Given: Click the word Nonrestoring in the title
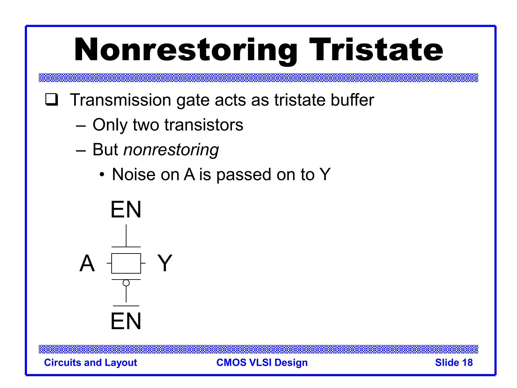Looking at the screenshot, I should (186, 50).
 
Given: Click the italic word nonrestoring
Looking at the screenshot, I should (171, 150).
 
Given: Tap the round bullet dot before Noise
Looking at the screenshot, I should (102, 174).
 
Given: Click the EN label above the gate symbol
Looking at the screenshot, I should (126, 210).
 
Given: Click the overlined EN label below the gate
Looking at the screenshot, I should (126, 321).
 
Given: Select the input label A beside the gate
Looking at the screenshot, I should (87, 263).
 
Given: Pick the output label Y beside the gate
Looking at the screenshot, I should (165, 263).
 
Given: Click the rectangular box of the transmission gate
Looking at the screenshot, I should (126, 263).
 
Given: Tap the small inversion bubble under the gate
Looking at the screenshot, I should (126, 283).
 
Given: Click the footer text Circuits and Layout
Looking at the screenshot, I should (90, 362).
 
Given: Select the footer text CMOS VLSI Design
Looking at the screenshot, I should (262, 362).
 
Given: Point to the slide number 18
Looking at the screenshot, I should (467, 362).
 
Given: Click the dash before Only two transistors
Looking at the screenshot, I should (81, 126).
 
